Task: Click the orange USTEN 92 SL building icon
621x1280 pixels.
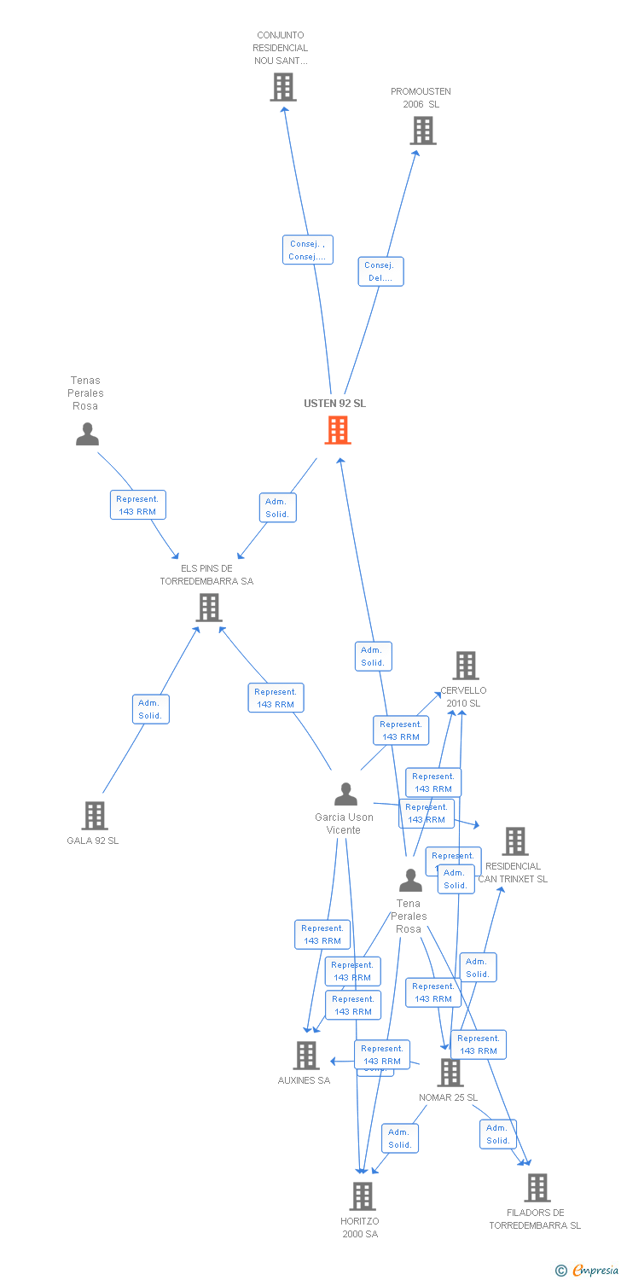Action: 338,430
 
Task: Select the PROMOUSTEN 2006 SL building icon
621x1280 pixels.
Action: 423,131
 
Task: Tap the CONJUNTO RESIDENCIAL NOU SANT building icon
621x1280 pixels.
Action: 283,87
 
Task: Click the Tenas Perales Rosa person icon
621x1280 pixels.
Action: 87,434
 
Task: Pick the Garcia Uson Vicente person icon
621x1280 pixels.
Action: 345,794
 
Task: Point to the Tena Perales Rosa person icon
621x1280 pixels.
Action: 410,881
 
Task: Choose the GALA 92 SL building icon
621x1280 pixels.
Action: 94,816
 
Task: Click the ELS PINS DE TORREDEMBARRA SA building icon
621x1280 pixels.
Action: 209,608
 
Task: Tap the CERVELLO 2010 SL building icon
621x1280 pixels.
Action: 465,666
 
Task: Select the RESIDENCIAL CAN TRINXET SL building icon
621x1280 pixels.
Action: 514,841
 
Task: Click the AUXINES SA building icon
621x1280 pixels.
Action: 306,1056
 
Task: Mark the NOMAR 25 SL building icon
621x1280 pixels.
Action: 450,1073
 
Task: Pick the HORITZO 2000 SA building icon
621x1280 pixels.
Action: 362,1196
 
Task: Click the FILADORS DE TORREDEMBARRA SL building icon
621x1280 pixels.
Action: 537,1188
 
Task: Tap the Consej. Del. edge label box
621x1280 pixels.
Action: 380,271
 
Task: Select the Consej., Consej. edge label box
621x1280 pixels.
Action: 307,250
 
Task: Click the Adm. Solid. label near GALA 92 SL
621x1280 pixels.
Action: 151,709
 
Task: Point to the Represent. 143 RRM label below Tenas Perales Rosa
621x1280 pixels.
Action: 137,505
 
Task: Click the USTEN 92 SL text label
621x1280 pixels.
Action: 334,404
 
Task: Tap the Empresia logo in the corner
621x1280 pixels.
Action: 588,1271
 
